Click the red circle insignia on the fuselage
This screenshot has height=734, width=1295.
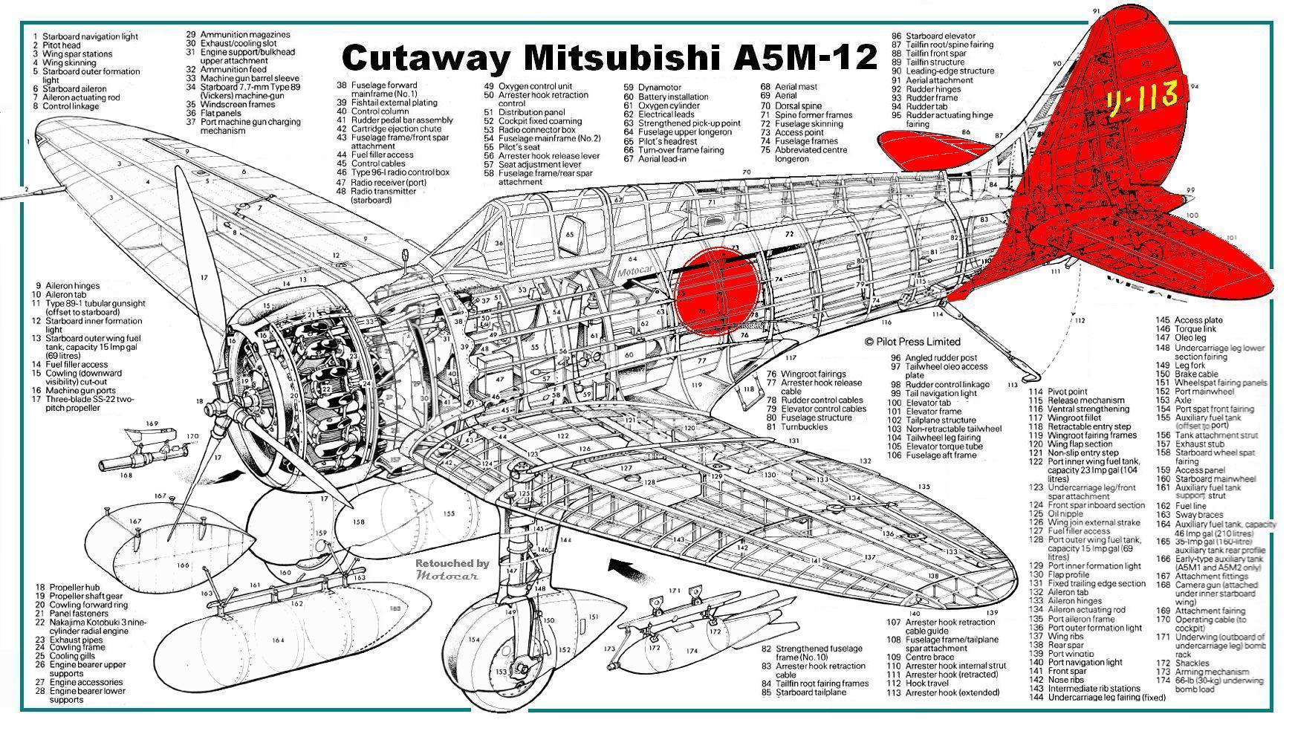[x=718, y=291]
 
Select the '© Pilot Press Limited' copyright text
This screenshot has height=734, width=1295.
[x=912, y=342]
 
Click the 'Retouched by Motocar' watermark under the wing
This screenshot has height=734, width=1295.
[x=452, y=568]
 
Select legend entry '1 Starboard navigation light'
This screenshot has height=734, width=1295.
[x=85, y=36]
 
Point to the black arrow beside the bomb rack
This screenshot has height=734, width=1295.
[x=622, y=569]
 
